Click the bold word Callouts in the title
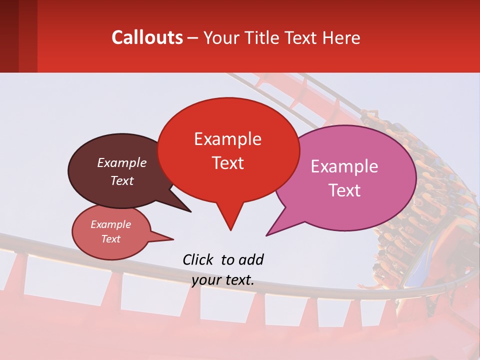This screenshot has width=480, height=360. (147, 37)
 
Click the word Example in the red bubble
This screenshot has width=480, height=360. (227, 139)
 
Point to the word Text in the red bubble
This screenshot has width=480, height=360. (227, 163)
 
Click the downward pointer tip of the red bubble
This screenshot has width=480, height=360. (230, 229)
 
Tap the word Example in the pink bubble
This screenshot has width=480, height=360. (344, 166)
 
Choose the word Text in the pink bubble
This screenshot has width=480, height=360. (344, 190)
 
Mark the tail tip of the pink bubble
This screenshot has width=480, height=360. (267, 235)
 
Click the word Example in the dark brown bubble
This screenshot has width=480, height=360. (121, 163)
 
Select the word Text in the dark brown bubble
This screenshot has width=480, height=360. (121, 181)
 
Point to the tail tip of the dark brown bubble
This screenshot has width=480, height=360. (190, 211)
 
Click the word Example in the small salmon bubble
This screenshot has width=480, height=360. (110, 224)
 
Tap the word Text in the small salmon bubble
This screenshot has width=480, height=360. (110, 239)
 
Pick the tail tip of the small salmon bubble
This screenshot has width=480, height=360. (173, 239)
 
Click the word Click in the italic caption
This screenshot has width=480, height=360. (199, 259)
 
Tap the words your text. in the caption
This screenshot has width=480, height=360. (222, 280)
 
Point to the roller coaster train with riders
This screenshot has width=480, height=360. (420, 200)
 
